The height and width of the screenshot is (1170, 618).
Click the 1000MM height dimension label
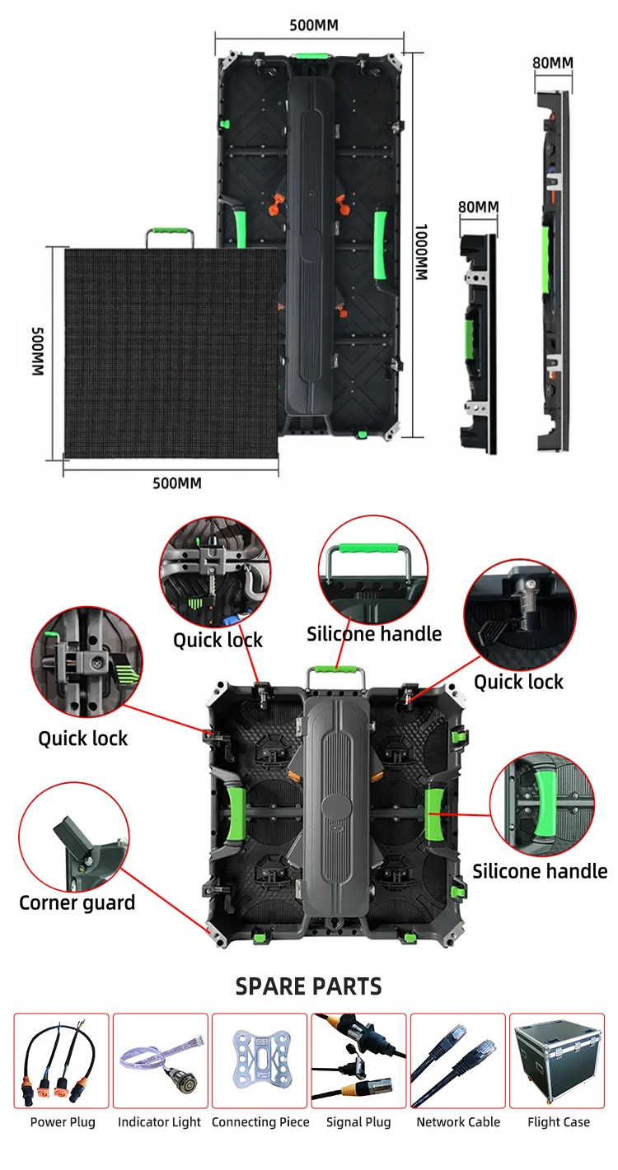pyautogui.click(x=420, y=253)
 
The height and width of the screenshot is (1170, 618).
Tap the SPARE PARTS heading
pyautogui.click(x=309, y=986)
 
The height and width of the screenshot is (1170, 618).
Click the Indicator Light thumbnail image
pyautogui.click(x=160, y=1060)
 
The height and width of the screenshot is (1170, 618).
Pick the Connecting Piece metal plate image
pyautogui.click(x=260, y=1060)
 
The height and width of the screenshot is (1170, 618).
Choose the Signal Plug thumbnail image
pyautogui.click(x=358, y=1060)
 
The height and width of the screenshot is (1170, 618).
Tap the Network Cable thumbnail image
pyautogui.click(x=458, y=1060)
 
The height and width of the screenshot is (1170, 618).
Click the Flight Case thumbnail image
pyautogui.click(x=557, y=1060)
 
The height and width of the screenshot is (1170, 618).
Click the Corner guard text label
pyautogui.click(x=77, y=902)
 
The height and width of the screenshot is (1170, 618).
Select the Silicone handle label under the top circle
pyautogui.click(x=374, y=633)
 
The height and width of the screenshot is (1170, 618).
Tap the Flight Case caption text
pyautogui.click(x=559, y=1122)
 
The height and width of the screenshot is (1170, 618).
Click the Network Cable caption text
pyautogui.click(x=458, y=1122)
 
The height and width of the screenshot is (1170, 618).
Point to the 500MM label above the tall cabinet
pyautogui.click(x=313, y=26)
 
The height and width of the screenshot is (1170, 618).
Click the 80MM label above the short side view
pyautogui.click(x=478, y=206)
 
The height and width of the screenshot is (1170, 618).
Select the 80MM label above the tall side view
pyautogui.click(x=552, y=63)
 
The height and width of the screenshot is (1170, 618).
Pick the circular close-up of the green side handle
pyautogui.click(x=542, y=804)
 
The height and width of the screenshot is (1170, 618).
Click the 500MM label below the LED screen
pyautogui.click(x=176, y=482)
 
